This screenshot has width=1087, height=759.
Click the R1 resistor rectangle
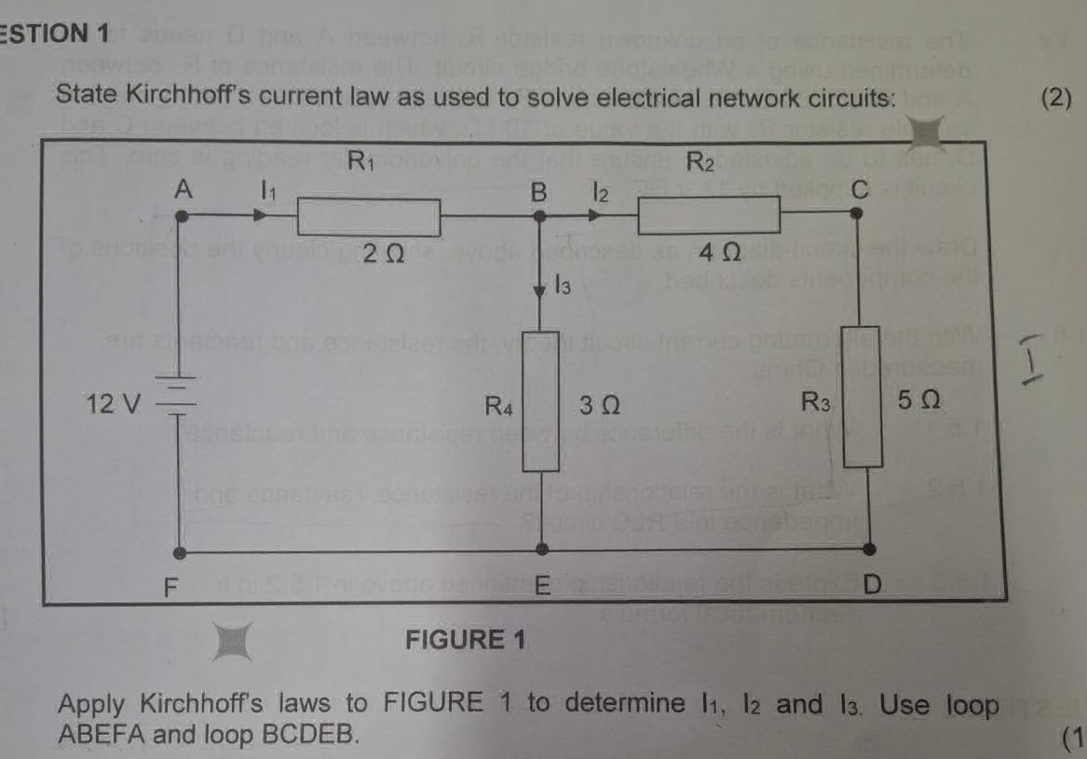(368, 219)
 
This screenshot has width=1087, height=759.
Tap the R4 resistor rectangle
(540, 400)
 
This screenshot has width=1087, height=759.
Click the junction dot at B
(540, 216)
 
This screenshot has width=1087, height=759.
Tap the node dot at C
(858, 213)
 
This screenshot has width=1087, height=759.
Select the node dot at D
(868, 549)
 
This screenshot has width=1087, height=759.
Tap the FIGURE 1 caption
(466, 640)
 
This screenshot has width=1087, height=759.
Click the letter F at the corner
(169, 589)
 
